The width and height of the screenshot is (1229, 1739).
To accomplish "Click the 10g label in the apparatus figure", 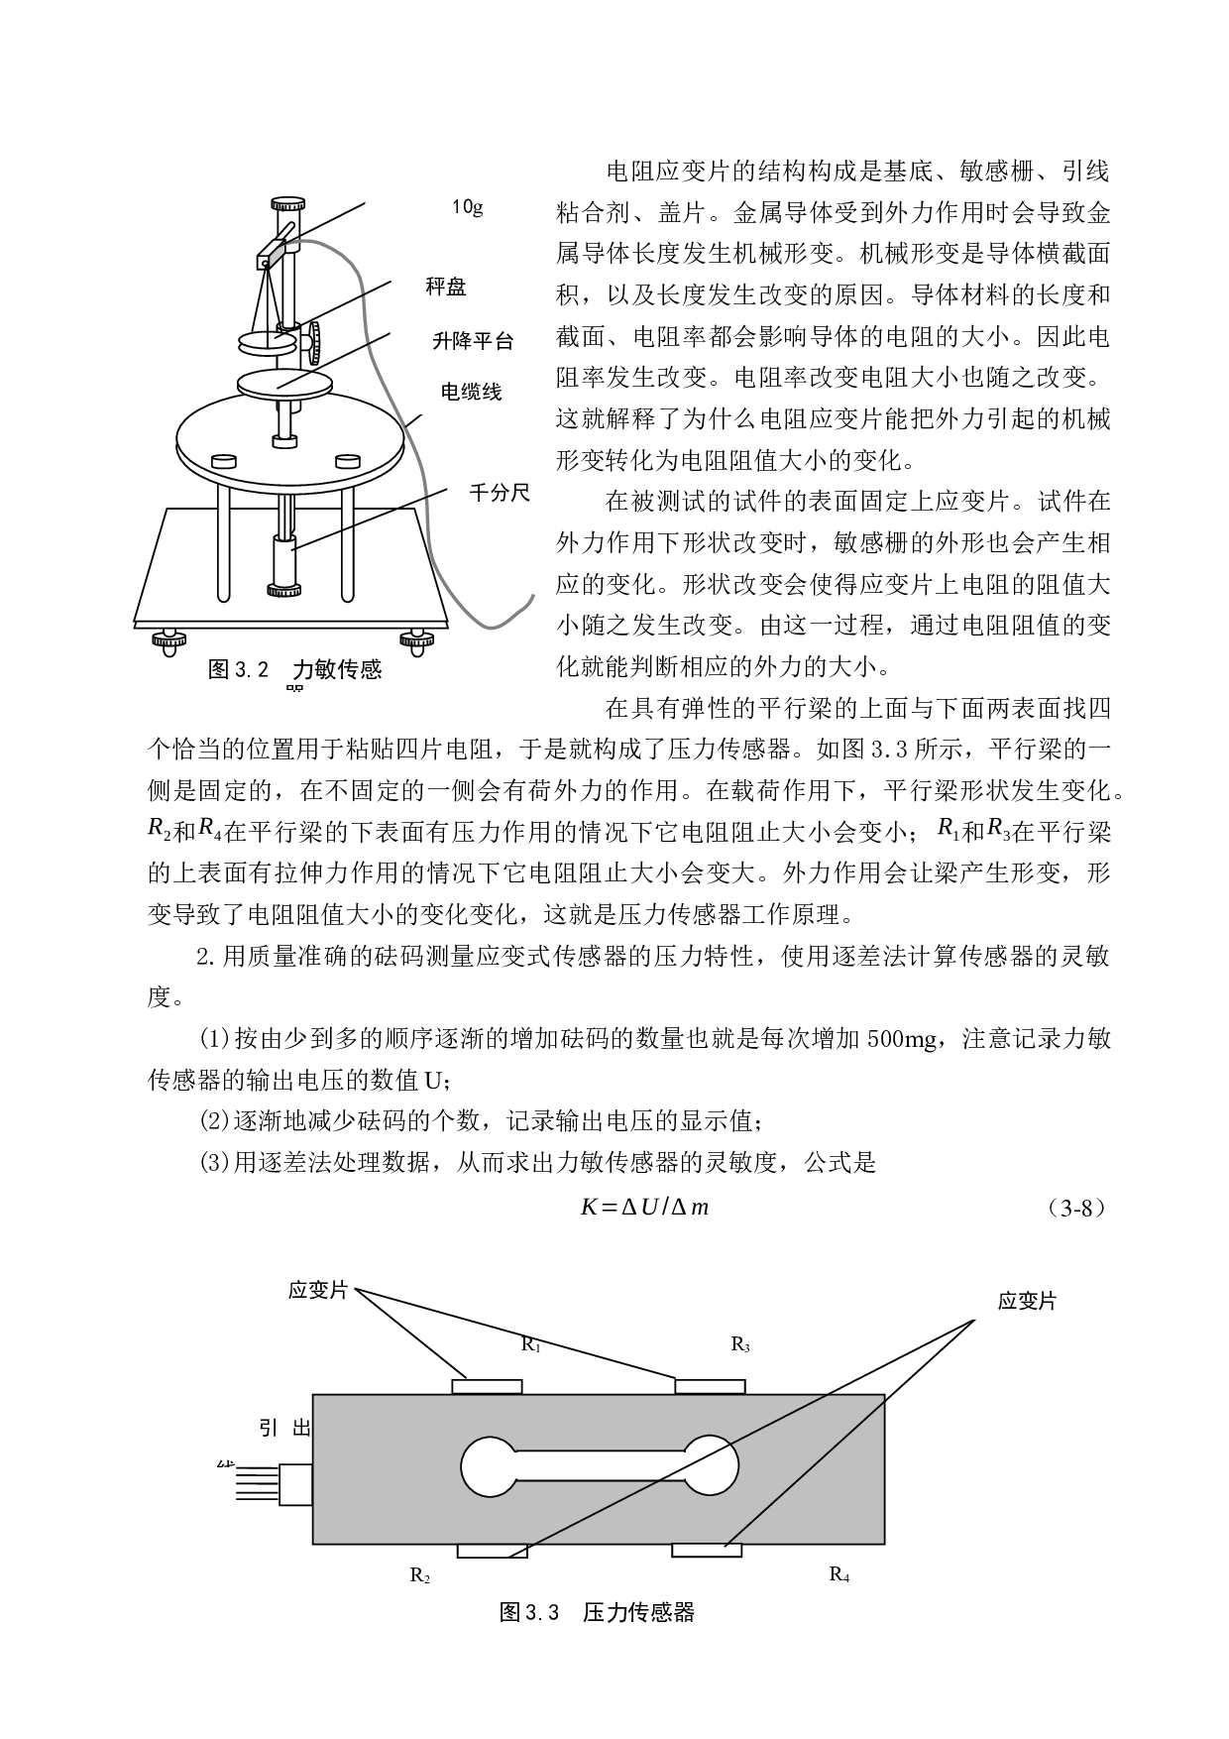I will click(467, 208).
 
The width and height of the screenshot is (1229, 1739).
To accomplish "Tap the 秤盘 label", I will click(446, 288).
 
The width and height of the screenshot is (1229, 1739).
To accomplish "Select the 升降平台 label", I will click(473, 341).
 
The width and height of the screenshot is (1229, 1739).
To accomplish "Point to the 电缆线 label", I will click(472, 393).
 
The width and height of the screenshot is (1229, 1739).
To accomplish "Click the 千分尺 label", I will click(500, 493).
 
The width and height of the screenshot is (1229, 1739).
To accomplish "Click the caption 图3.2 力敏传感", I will click(294, 669).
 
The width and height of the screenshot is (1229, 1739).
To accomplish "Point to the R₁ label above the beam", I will click(530, 1344).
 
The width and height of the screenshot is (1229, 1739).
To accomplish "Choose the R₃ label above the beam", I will click(739, 1344).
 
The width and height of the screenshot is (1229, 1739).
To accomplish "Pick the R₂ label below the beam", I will click(419, 1574).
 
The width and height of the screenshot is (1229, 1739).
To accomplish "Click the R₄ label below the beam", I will click(838, 1573).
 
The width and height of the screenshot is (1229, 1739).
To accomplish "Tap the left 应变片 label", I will click(317, 1291).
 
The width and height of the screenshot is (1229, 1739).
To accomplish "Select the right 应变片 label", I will click(1027, 1301).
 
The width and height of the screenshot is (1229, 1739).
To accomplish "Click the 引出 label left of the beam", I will click(285, 1428).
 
